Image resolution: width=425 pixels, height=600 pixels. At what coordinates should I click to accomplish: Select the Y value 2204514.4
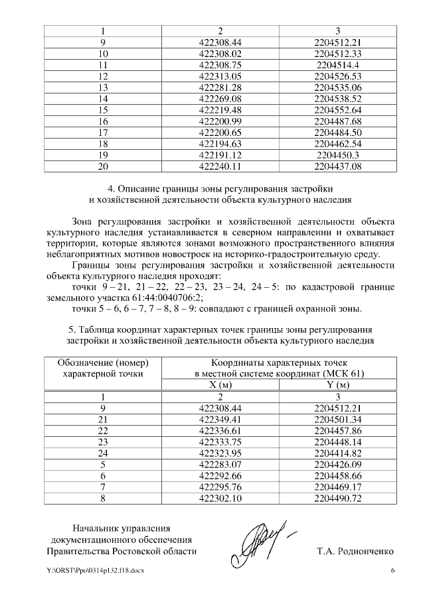(x=337, y=65)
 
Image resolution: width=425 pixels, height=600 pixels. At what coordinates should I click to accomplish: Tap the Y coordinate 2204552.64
(x=337, y=110)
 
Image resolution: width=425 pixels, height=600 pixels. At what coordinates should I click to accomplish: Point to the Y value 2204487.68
(x=337, y=121)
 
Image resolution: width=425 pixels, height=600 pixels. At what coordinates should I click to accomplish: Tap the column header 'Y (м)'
(x=337, y=385)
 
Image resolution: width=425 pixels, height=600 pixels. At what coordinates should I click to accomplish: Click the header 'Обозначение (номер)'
(x=102, y=363)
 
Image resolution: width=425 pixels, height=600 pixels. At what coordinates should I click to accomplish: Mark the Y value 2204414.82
(x=337, y=453)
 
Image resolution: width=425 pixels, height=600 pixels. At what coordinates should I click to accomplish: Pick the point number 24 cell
(x=102, y=453)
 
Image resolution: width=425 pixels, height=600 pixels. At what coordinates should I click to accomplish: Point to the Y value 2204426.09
(x=337, y=464)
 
